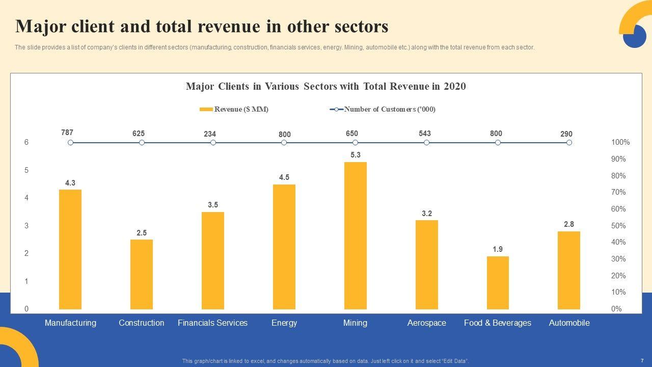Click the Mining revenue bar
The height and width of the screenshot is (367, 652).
(355, 235)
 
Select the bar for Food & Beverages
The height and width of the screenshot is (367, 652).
(498, 282)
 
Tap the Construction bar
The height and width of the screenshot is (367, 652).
(142, 274)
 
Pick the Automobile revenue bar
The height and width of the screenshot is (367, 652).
(569, 270)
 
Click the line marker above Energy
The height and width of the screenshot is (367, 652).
(284, 143)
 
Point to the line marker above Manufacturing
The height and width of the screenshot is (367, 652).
(71, 143)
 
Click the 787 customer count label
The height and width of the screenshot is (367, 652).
(67, 133)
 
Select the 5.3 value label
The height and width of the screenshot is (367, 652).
(356, 155)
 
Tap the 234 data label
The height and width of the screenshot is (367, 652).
(210, 134)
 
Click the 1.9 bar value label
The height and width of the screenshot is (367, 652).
(498, 249)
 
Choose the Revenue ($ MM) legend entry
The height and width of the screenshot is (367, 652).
(234, 109)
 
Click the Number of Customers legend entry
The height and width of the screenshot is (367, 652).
(383, 109)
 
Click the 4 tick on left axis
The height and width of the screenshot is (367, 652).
(26, 198)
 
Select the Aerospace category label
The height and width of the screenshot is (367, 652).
(427, 323)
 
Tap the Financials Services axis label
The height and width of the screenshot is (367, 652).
(212, 323)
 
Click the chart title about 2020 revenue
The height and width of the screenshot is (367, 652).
(326, 87)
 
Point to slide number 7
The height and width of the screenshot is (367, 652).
(642, 360)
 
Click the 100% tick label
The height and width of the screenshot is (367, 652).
(620, 143)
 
